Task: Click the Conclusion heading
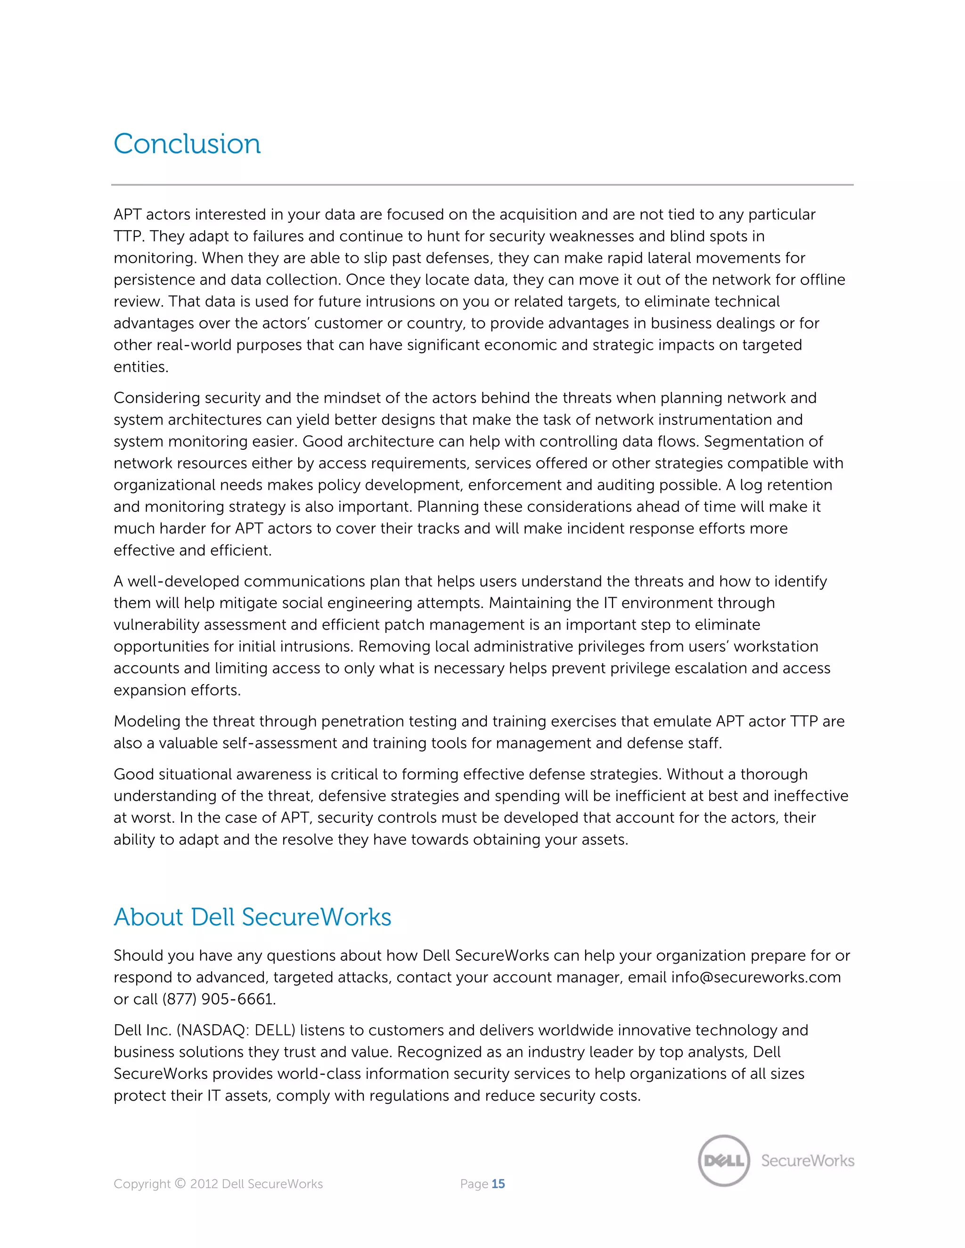tap(187, 144)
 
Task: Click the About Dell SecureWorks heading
tap(252, 917)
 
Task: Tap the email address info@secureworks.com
tap(756, 977)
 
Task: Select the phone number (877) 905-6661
tap(218, 999)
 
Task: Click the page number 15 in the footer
tap(498, 1183)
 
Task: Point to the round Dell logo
tap(724, 1160)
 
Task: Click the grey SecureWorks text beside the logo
tap(807, 1160)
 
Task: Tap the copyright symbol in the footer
tap(180, 1183)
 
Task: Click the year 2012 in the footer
tap(204, 1183)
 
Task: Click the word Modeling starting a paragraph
tap(147, 721)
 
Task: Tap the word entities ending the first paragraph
tap(140, 367)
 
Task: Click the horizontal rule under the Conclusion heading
tap(482, 185)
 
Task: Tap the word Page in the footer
tap(474, 1183)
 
